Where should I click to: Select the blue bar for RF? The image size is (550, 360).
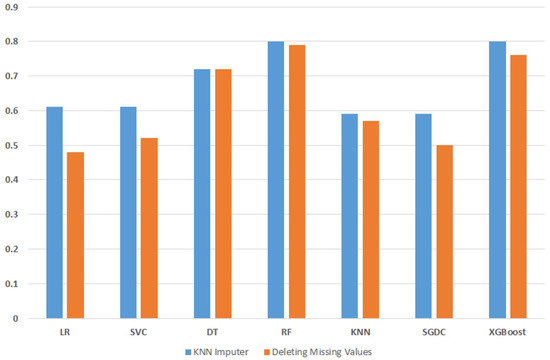tap(275, 180)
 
